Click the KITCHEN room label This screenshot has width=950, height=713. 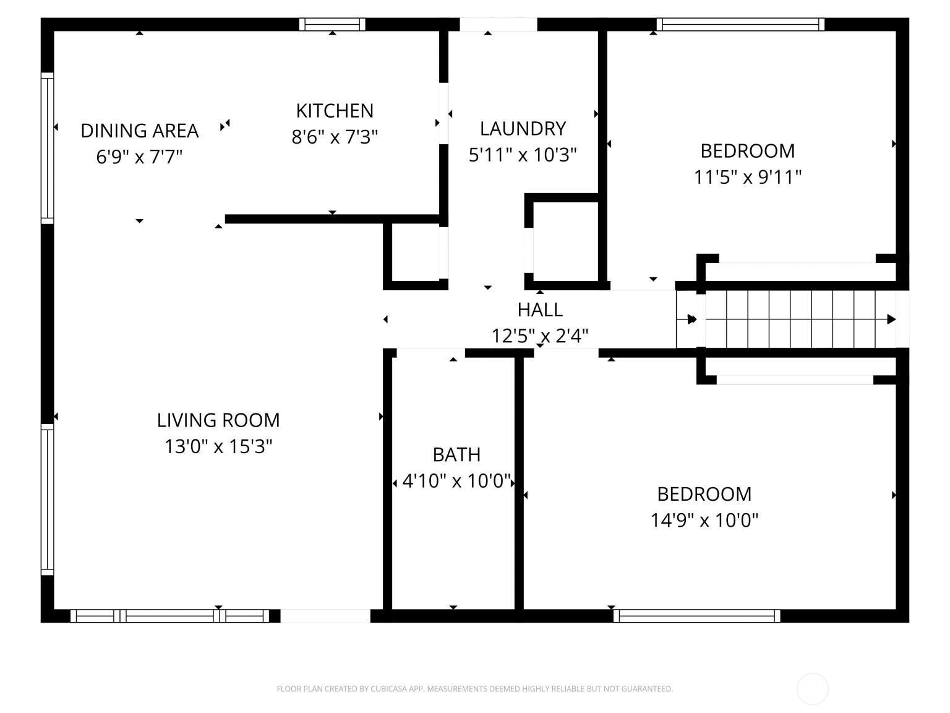coord(335,111)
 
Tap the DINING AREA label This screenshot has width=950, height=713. coord(140,131)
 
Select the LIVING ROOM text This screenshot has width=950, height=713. coord(218,420)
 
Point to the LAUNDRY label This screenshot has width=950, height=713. coord(523,129)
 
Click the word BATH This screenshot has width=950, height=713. coord(456,455)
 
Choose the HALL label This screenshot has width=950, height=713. coord(540,309)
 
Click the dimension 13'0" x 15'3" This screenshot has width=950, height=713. coord(218,446)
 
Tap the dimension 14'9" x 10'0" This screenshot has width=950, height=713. coord(704,521)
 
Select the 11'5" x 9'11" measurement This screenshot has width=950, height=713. coord(747,178)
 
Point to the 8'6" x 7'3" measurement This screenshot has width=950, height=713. coord(335,137)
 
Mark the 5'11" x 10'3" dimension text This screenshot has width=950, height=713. coord(523,155)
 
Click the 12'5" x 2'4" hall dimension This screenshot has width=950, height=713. coord(540,336)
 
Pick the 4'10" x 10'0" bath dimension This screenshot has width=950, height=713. coord(456,481)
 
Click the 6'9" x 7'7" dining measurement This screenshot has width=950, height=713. coord(140,157)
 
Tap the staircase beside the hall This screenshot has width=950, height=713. coord(798,320)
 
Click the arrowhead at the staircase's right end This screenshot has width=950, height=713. coord(891,319)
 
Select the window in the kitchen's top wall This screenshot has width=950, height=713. coord(332,24)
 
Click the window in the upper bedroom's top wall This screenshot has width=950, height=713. coord(740,24)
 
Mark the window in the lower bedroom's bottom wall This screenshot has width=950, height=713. coord(696,616)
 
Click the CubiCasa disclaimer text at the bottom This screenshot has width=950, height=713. coord(474,689)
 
